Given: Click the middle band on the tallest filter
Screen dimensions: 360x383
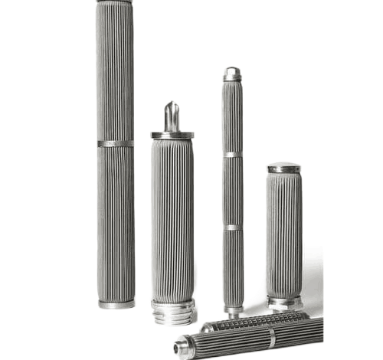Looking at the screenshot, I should pos(115,143).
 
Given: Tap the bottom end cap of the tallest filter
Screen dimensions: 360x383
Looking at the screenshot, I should pos(116,303).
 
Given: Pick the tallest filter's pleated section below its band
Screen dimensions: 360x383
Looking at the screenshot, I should pos(116,222).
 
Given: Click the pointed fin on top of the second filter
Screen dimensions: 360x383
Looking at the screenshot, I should pos(172,115).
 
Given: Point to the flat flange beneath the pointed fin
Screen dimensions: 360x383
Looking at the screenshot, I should pos(172,135).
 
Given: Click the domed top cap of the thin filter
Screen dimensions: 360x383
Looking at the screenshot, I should pos(232,74).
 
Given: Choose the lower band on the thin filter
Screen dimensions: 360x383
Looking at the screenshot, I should pos(234,227).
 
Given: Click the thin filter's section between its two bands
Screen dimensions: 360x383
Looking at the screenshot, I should pos(233,191).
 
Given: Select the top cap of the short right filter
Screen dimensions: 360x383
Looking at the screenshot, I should pos(284,166).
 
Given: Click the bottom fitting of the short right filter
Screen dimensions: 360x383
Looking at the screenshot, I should pos(285,302).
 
